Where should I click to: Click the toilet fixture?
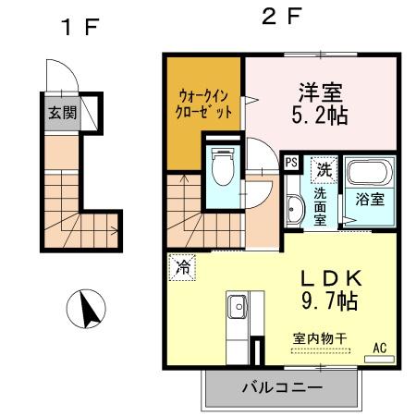click(222, 168)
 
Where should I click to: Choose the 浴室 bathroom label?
click(368, 198)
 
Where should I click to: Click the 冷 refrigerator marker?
click(181, 269)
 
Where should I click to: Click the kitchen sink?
click(235, 304)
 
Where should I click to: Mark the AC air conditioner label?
click(379, 349)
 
